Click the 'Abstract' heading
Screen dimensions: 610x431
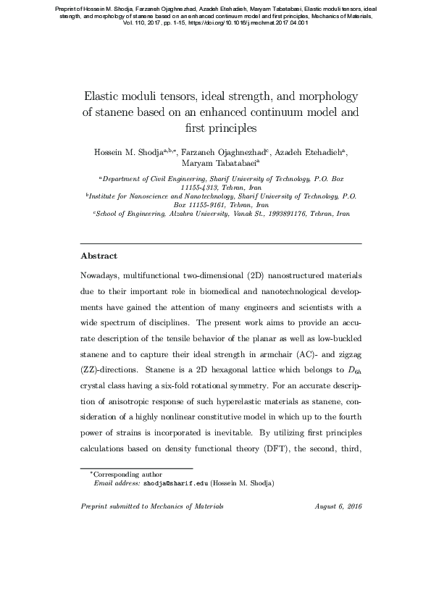pyautogui.click(x=99, y=256)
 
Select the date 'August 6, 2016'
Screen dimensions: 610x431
pyautogui.click(x=338, y=506)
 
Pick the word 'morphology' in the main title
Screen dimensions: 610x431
pyautogui.click(x=316, y=96)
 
